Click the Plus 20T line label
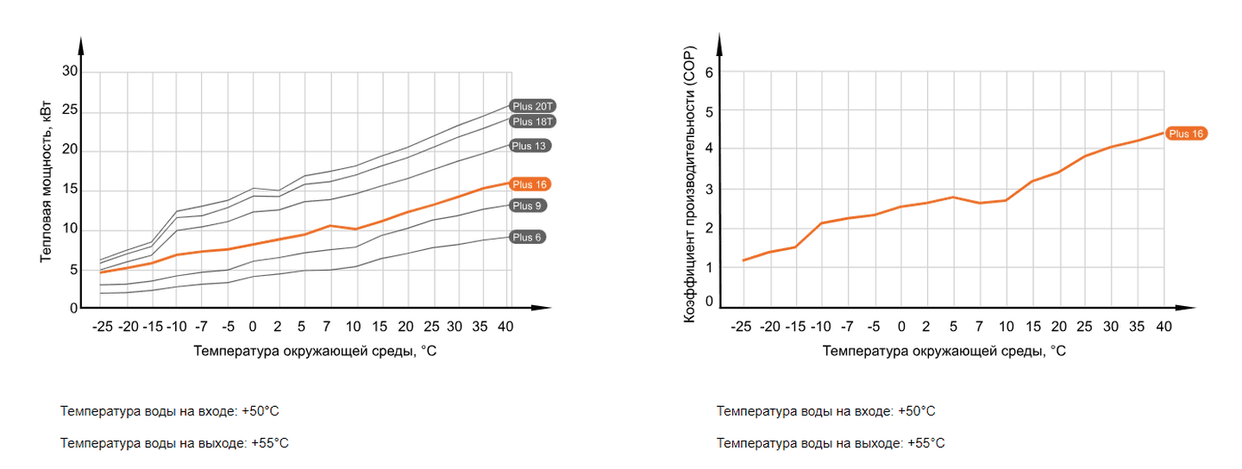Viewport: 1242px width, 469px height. pyautogui.click(x=532, y=106)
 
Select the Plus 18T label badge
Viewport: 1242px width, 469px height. pyautogui.click(x=532, y=122)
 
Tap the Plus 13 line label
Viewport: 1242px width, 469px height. pyautogui.click(x=530, y=146)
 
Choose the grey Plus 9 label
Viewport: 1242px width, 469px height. pyautogui.click(x=527, y=205)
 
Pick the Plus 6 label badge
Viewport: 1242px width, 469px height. pyautogui.click(x=527, y=237)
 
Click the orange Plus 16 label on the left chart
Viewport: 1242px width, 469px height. pyautogui.click(x=530, y=184)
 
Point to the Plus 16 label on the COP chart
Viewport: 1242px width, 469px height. pyautogui.click(x=1186, y=134)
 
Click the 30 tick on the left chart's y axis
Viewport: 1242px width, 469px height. pyautogui.click(x=70, y=71)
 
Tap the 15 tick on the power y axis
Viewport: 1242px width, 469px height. pyautogui.click(x=70, y=190)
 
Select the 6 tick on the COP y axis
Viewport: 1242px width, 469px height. pyautogui.click(x=709, y=72)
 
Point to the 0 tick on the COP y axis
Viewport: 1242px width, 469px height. pyautogui.click(x=709, y=301)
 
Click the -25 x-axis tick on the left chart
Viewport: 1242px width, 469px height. pyautogui.click(x=102, y=327)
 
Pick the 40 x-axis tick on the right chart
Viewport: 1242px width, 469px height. pyautogui.click(x=1164, y=327)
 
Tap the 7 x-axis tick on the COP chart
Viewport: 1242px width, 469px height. pyautogui.click(x=979, y=327)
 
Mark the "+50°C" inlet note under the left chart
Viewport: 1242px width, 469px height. pyautogui.click(x=170, y=411)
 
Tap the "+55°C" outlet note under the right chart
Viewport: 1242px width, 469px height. pyautogui.click(x=831, y=443)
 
